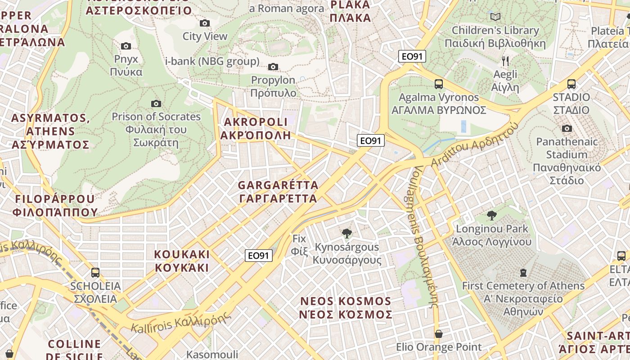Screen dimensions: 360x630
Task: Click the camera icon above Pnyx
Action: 126,46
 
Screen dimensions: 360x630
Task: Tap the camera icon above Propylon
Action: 273,67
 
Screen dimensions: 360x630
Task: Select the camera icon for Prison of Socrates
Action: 156,104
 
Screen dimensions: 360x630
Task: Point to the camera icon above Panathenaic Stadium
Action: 567,129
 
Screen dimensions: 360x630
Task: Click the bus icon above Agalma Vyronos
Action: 438,84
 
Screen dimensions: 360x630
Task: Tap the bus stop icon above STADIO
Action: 571,84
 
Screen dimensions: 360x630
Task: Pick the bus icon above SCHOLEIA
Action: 95,272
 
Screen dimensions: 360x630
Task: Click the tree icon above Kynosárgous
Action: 346,234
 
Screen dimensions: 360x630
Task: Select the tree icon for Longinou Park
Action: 491,216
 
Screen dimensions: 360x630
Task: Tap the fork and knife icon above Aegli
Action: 505,61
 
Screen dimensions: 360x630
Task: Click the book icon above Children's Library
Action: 495,17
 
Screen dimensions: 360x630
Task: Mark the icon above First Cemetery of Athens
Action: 523,272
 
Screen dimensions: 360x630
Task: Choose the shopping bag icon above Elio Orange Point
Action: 438,334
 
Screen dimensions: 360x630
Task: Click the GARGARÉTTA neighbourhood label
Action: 278,192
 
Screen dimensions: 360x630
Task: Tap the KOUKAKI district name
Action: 182,261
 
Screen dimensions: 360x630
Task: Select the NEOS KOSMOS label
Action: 346,308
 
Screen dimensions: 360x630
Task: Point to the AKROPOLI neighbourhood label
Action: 255,129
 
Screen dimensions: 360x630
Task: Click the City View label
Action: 205,36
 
